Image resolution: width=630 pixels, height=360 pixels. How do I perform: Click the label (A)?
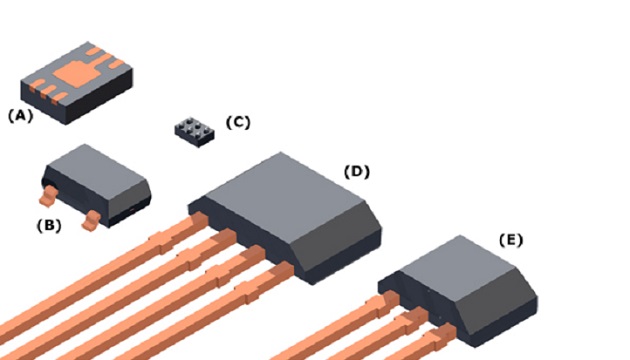[x=20, y=115]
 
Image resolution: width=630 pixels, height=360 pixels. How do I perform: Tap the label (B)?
[x=49, y=225]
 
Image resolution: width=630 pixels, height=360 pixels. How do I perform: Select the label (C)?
[x=237, y=123]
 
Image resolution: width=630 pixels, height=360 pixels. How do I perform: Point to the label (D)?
[x=356, y=171]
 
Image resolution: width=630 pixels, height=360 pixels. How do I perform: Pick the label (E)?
[x=510, y=240]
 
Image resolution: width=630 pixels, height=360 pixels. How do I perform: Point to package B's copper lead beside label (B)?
[x=91, y=218]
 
